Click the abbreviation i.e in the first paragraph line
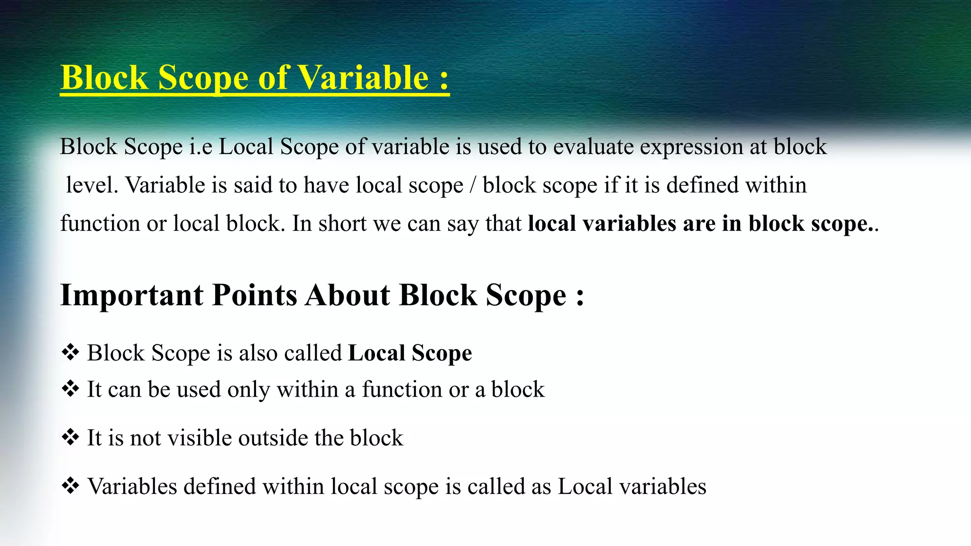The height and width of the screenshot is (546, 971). (201, 147)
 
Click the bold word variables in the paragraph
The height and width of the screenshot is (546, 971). (629, 224)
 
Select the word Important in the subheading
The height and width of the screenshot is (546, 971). (132, 296)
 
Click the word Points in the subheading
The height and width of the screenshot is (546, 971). (255, 296)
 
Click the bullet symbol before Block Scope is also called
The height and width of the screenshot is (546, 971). (70, 353)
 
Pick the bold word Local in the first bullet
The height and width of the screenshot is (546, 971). (376, 353)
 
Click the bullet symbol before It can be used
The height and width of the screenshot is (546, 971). (70, 389)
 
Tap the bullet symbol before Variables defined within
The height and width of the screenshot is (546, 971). (70, 486)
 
